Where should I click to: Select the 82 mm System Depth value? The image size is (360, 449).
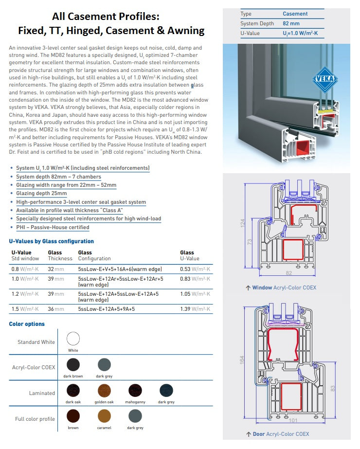point(291,23)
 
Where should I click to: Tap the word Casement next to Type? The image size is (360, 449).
point(295,14)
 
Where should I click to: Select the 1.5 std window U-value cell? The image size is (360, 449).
point(25,309)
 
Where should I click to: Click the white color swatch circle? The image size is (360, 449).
point(73,339)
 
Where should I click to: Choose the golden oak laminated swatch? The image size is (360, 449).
point(104,390)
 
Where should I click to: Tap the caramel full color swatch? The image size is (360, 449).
point(104,416)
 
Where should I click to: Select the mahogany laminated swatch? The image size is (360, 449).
point(135,390)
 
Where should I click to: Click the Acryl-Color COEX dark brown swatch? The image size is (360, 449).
point(73,364)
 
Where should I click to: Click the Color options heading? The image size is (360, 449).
point(27,324)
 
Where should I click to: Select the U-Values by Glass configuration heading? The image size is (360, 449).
point(51,241)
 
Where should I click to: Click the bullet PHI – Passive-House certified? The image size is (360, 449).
point(53,227)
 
